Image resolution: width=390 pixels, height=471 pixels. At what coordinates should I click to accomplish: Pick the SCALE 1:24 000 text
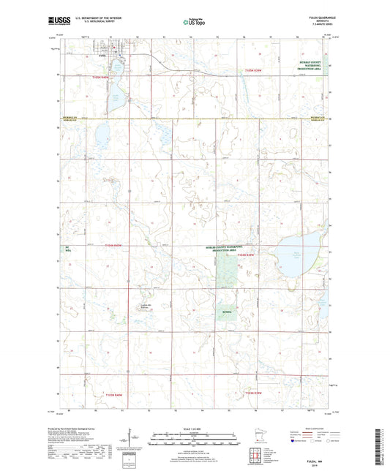click(195, 428)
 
